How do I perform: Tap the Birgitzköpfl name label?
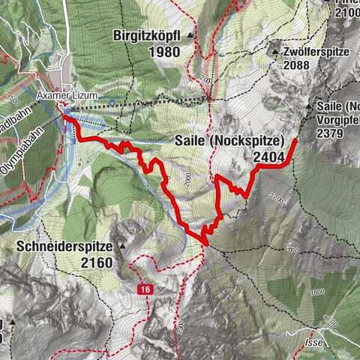[x=148, y=35]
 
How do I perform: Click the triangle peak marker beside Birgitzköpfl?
[x=190, y=35]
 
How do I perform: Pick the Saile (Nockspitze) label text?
[x=227, y=140]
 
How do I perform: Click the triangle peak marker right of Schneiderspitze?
[x=121, y=246]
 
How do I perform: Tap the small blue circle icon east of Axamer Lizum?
[x=112, y=103]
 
